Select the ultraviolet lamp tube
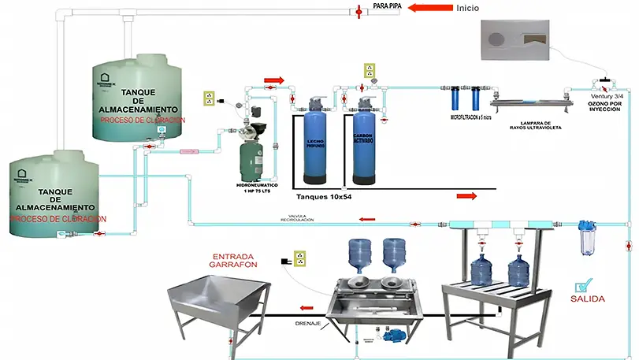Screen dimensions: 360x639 [x=528, y=102]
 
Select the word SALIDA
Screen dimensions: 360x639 [x=587, y=299]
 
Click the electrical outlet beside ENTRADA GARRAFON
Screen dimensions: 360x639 [x=299, y=258]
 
